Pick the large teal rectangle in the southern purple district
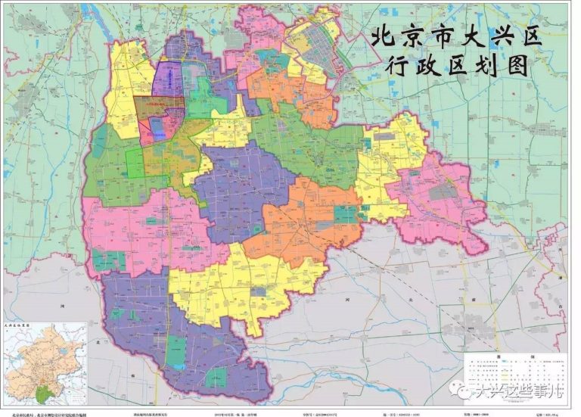pyautogui.click(x=176, y=350)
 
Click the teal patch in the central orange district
pyautogui.click(x=344, y=215)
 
